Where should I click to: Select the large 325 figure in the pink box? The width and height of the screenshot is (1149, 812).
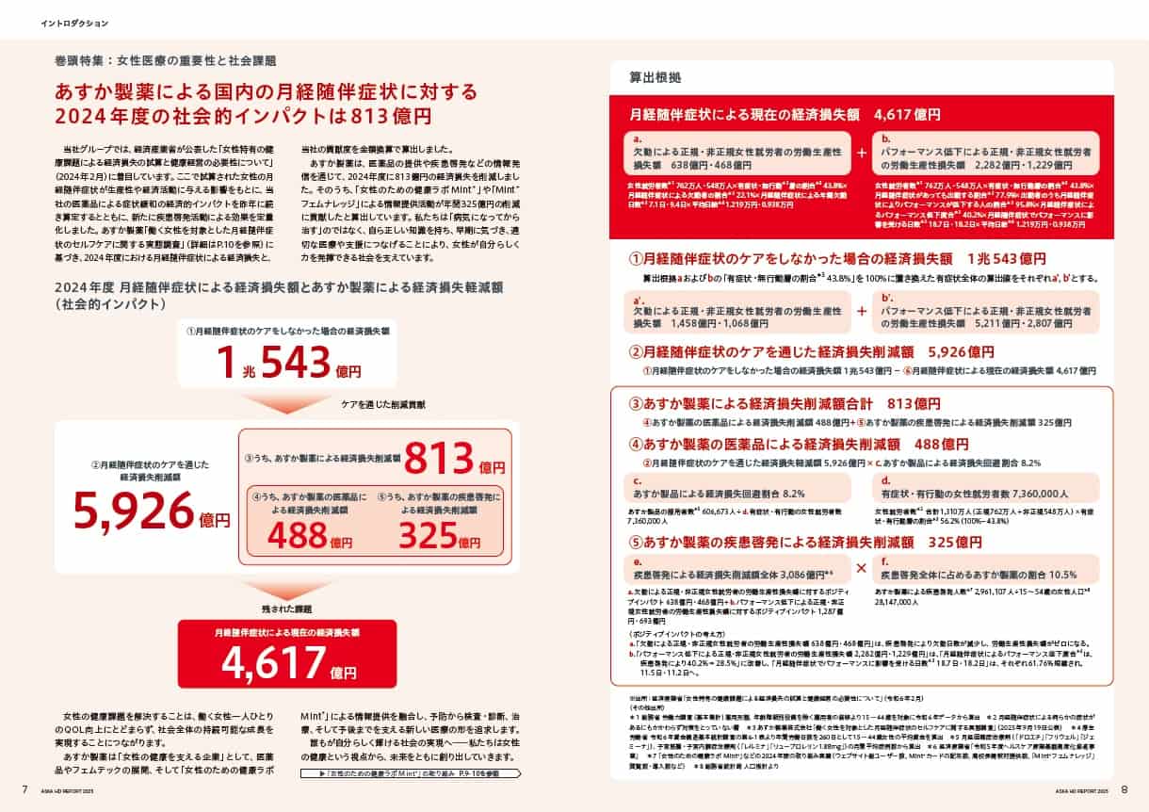[432, 534]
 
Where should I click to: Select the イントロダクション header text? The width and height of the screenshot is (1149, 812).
[75, 22]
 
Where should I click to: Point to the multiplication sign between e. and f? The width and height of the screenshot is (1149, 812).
[861, 567]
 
